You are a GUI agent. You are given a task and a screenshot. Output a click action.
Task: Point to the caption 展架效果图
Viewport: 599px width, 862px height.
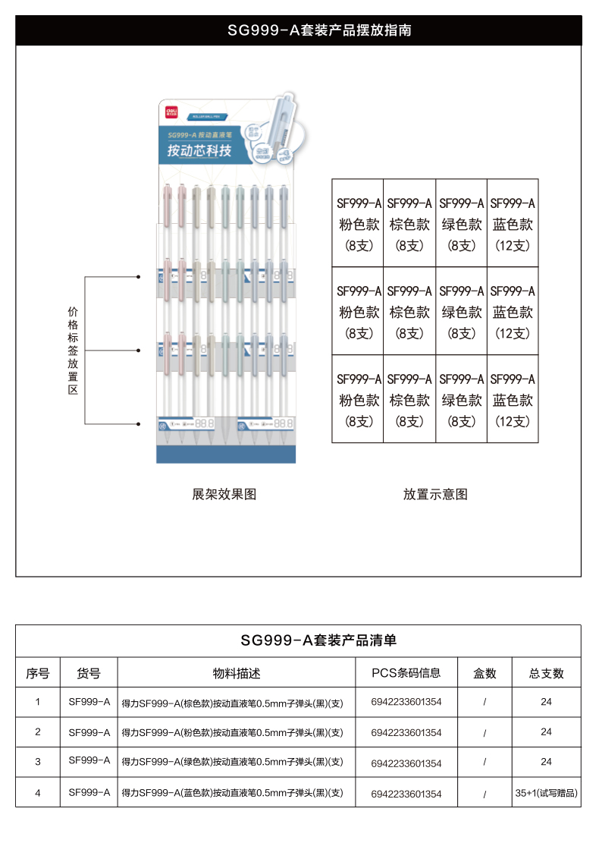[224, 495]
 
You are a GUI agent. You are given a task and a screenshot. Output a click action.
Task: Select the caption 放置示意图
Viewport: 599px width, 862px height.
[435, 495]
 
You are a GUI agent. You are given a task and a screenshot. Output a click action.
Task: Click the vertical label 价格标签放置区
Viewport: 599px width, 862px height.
[73, 350]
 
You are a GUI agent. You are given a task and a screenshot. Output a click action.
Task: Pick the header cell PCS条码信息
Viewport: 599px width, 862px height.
[406, 673]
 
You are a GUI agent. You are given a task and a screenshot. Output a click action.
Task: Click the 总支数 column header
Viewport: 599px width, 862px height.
[546, 673]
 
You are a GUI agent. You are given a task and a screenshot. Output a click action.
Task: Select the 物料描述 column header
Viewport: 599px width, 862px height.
[236, 673]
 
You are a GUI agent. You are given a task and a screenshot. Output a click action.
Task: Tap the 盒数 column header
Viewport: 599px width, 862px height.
[485, 673]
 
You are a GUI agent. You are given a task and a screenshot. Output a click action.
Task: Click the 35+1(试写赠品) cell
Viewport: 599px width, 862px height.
[546, 793]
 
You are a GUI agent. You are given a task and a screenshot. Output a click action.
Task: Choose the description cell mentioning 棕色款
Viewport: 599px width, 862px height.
[233, 703]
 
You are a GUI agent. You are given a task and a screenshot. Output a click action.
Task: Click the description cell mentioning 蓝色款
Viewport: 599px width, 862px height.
[233, 794]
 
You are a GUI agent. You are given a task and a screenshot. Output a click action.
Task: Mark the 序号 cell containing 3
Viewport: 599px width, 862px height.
[38, 762]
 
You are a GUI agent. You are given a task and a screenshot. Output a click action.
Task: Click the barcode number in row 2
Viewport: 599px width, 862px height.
[406, 733]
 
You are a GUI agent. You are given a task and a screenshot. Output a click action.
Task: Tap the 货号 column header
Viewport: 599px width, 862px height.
[89, 673]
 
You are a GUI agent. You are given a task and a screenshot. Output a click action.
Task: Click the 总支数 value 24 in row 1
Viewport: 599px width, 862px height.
[546, 702]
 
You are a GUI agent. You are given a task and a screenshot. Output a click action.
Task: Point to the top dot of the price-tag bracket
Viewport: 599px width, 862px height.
[138, 277]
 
